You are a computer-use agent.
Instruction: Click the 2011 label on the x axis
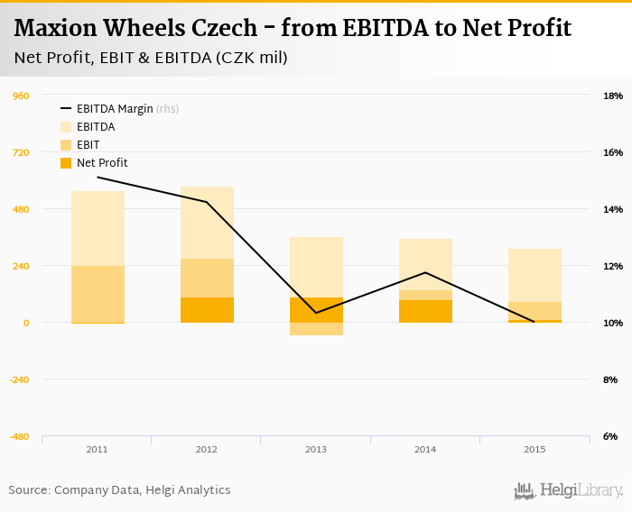(x=97, y=448)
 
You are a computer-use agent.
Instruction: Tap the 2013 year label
(x=315, y=448)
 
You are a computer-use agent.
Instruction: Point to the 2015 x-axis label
(x=534, y=448)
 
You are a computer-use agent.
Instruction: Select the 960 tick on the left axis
(x=21, y=96)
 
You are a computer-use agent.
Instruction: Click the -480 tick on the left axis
(x=19, y=436)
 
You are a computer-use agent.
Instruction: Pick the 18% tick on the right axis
(x=612, y=96)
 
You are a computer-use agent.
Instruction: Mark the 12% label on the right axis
(x=612, y=266)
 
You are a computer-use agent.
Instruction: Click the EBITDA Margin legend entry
(x=115, y=109)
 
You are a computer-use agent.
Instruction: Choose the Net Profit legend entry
(x=102, y=163)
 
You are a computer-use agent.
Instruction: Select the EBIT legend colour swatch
(x=66, y=145)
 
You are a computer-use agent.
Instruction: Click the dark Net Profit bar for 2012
(x=207, y=310)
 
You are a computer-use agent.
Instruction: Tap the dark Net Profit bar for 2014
(x=425, y=311)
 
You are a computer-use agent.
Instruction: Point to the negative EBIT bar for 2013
(x=316, y=329)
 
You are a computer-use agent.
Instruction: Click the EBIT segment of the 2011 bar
(x=98, y=294)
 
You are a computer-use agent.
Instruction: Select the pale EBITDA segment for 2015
(x=534, y=275)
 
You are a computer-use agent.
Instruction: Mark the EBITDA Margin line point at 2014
(x=425, y=272)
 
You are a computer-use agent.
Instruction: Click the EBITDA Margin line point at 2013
(x=316, y=313)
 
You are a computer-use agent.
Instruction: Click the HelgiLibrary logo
(x=569, y=491)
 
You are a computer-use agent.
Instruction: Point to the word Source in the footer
(x=28, y=490)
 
